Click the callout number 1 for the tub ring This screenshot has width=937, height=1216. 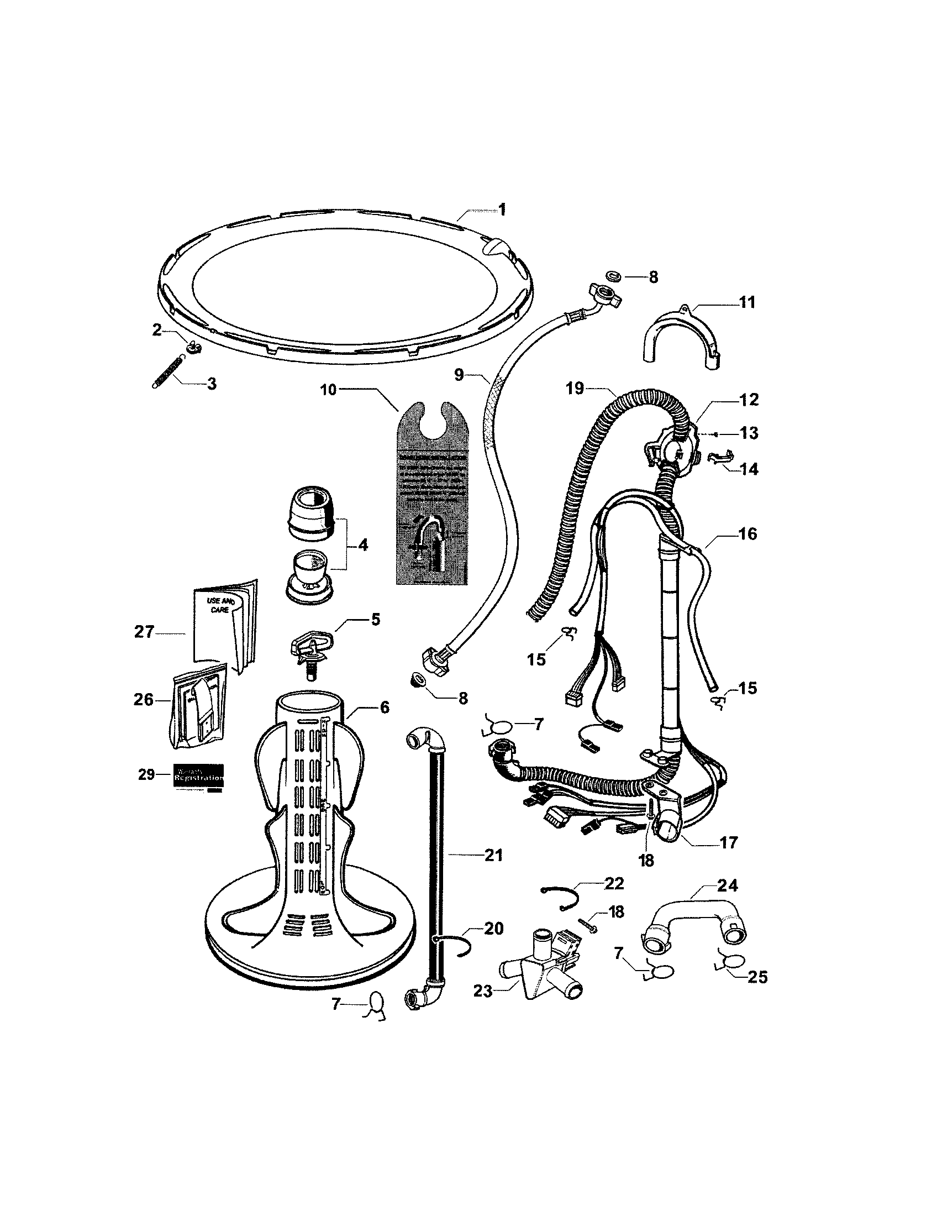point(502,210)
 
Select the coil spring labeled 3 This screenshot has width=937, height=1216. point(167,373)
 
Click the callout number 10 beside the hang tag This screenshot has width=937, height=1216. point(328,389)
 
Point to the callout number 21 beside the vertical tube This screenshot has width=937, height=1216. point(493,855)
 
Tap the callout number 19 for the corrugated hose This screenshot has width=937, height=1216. point(575,388)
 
